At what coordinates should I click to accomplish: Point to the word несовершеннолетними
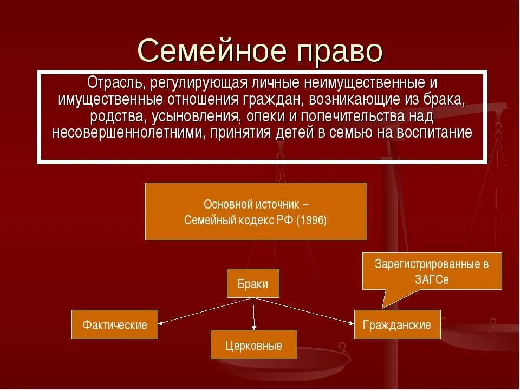click(x=128, y=133)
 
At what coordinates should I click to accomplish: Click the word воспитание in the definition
click(x=437, y=133)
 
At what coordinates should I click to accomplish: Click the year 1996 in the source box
click(x=311, y=220)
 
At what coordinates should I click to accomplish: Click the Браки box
click(x=253, y=283)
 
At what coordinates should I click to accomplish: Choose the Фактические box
click(x=115, y=324)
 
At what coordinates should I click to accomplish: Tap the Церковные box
click(x=253, y=344)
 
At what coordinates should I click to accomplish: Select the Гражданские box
click(x=397, y=324)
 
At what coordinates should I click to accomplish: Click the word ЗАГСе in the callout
click(x=432, y=280)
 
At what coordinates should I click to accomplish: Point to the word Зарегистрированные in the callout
click(x=432, y=264)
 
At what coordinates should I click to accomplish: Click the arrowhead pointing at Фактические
click(x=161, y=322)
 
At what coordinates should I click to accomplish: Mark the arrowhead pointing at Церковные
click(x=253, y=328)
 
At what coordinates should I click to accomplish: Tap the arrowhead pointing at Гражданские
click(x=352, y=323)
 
